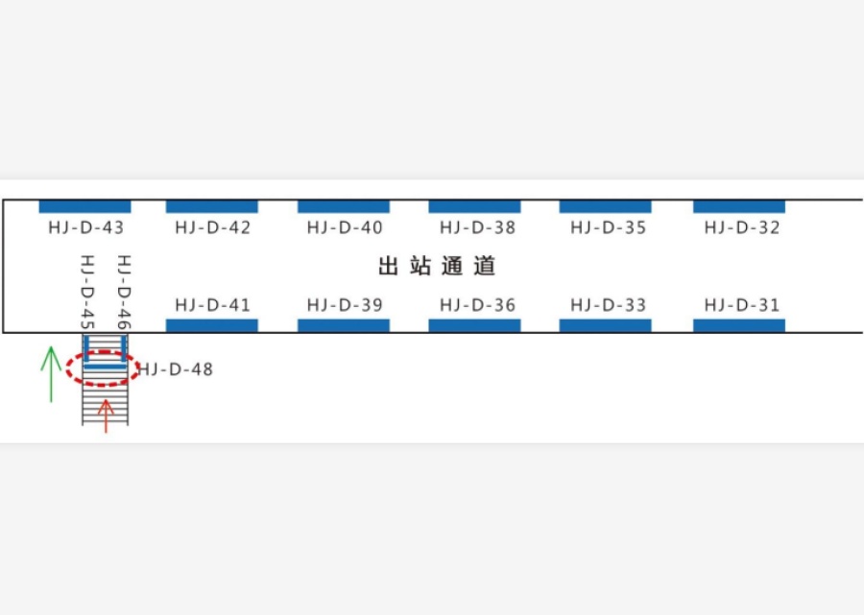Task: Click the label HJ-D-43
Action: coord(86,227)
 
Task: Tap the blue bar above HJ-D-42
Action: coord(212,206)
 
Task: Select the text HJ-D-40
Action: coord(345,227)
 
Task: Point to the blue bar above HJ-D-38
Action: coord(474,206)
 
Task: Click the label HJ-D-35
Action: coord(609,227)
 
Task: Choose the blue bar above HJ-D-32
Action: coord(739,206)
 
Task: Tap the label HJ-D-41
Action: coord(213,305)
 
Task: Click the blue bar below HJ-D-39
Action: coord(344,325)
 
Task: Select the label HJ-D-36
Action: coord(478,305)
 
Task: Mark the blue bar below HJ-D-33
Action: coord(605,325)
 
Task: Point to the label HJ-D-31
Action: coord(742,305)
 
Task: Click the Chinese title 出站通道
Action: coord(437,266)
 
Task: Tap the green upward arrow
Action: coord(51,374)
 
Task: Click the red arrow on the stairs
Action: coord(106,416)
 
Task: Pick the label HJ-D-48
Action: coord(176,368)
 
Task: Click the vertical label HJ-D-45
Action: coord(87,293)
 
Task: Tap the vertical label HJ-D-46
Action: coord(124,293)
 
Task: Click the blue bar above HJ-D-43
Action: coord(84,206)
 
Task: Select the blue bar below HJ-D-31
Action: coord(739,325)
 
